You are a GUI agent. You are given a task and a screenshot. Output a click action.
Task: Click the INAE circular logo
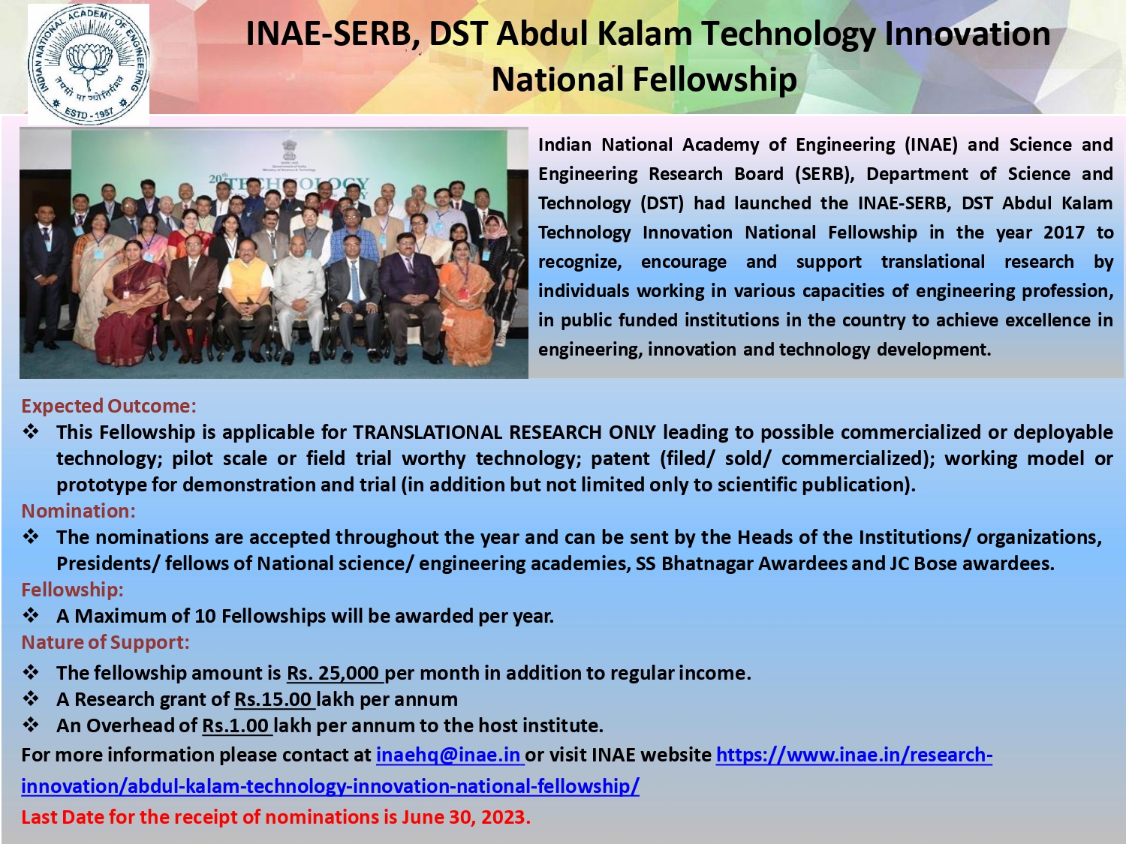89,64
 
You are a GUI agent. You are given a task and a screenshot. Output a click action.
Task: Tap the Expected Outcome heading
109,406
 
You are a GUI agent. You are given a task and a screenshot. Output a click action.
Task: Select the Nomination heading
79,511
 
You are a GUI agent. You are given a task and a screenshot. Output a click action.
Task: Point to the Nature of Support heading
105,642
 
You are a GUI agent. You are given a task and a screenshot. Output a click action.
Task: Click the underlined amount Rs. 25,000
335,673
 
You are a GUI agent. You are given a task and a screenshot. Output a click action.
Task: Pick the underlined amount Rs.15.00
275,699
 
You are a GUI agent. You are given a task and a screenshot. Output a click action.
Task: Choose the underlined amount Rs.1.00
237,725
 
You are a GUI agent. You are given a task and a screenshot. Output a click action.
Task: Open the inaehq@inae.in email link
450,755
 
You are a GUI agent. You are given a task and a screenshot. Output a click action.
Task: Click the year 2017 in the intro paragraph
1064,232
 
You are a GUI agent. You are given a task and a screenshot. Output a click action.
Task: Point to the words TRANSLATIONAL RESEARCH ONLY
504,432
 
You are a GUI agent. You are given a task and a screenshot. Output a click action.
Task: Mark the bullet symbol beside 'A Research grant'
31,698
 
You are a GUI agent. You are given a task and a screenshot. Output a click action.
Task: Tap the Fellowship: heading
72,590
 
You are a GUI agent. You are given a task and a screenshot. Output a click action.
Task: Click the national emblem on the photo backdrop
289,150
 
